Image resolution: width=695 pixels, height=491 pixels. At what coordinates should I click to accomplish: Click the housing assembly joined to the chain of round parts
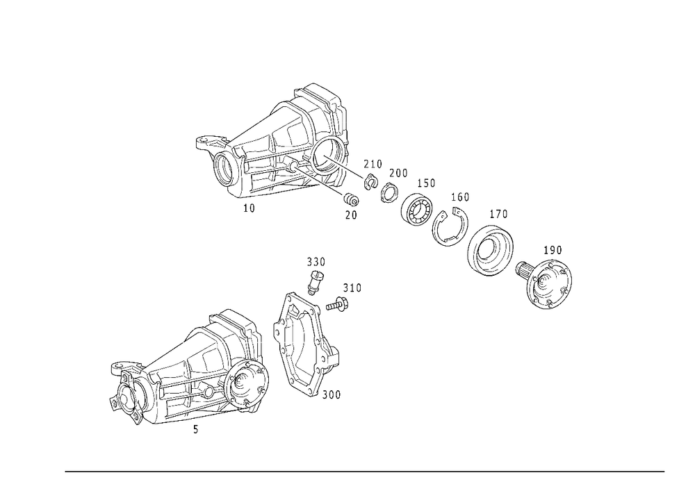tap(278, 149)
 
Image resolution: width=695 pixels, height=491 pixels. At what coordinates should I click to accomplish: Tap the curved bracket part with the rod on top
tap(306, 340)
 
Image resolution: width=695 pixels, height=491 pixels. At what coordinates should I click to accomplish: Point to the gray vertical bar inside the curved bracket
tap(293, 334)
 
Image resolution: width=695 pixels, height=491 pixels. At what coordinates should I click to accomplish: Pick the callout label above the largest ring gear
tap(499, 213)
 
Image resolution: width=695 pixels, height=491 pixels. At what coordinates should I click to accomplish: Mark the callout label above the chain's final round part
tap(553, 248)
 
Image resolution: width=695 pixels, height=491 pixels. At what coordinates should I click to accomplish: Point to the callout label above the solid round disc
tap(426, 183)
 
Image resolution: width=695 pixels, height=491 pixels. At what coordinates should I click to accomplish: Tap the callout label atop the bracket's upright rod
tap(318, 260)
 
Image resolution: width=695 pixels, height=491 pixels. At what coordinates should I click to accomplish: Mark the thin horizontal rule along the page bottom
tap(365, 471)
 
